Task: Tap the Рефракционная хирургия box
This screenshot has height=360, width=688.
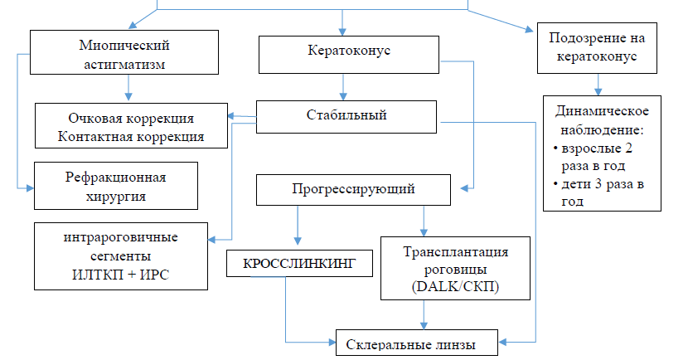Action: coord(116,186)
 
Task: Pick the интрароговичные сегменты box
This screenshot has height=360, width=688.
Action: coord(121,256)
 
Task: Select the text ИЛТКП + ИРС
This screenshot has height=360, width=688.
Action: coord(121,273)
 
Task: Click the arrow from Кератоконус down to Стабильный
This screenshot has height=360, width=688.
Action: coord(341,87)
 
